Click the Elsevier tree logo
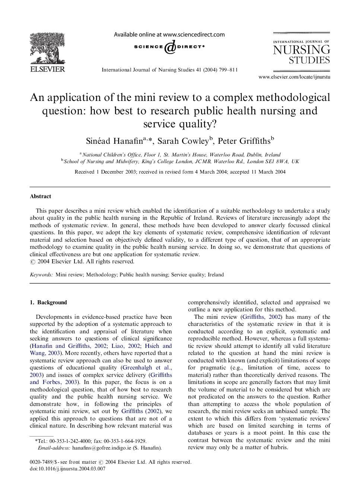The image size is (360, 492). click(x=47, y=48)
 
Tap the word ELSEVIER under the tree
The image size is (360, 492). click(x=47, y=69)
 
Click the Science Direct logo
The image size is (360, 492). click(x=169, y=47)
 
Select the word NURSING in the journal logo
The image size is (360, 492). click(x=301, y=50)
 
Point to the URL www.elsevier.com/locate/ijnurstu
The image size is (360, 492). click(x=294, y=77)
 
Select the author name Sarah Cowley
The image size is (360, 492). click(x=183, y=141)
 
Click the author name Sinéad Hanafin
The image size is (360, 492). click(x=114, y=141)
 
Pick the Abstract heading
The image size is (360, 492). click(x=40, y=196)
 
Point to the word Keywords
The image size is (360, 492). click(x=41, y=275)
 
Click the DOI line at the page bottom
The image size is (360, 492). click(x=67, y=469)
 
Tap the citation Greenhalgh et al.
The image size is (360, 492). click(x=147, y=368)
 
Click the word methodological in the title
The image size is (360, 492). click(x=291, y=98)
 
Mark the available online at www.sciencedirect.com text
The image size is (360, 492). click(x=169, y=35)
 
